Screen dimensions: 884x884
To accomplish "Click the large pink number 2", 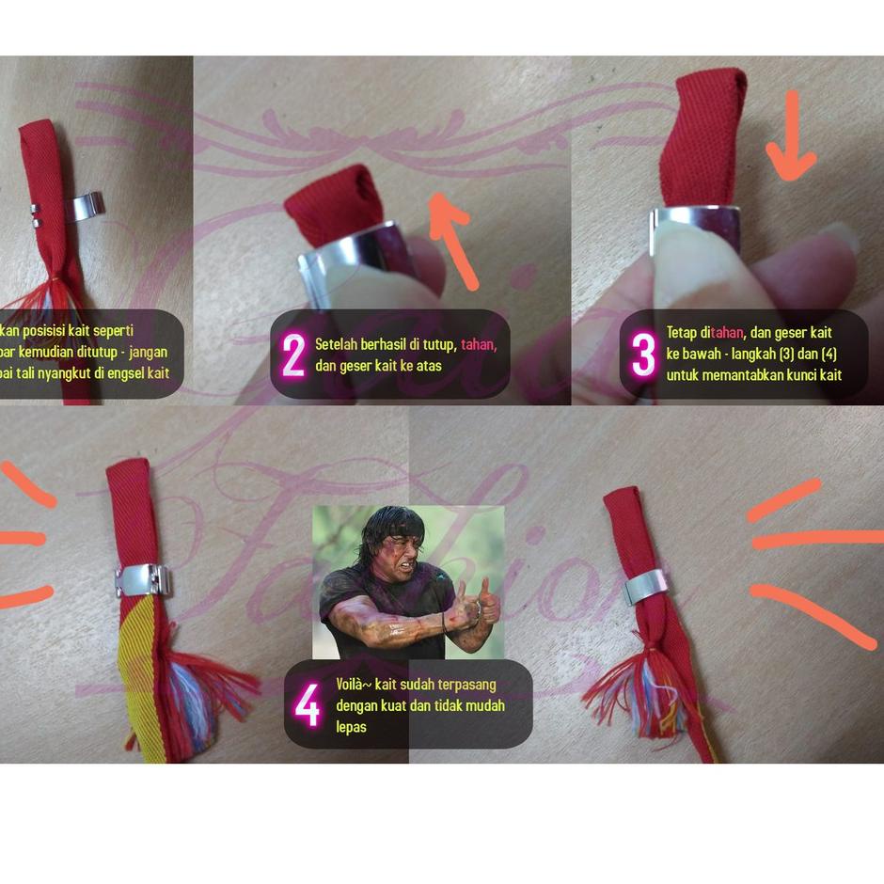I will click(x=293, y=356).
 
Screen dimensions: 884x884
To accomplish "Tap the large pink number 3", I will click(x=643, y=355).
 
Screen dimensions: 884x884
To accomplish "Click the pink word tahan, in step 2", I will click(x=478, y=343).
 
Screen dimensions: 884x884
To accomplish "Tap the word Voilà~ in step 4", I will click(x=353, y=684).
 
